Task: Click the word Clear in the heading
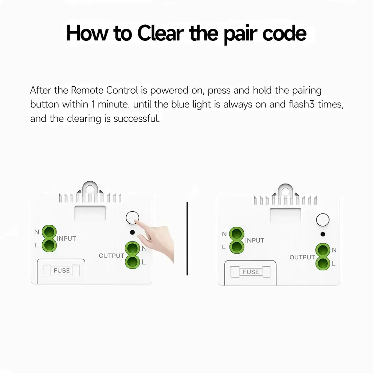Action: coord(161,33)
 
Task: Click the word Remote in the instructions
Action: coord(87,90)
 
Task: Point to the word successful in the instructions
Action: coord(136,118)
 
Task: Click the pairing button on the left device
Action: coord(132,218)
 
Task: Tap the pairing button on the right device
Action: coord(323,220)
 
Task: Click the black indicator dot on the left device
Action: coord(133,232)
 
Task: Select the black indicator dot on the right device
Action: coord(323,234)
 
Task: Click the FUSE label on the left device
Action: coord(62,271)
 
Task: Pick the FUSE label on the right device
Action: coord(251,272)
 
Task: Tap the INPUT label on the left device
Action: coord(66,239)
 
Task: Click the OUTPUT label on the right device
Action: coord(302,258)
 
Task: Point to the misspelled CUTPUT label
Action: coord(111,256)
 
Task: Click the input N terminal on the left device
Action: coord(49,232)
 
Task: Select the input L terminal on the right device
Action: coord(237,247)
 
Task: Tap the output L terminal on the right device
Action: coord(323,263)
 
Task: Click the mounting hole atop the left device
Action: coord(90,189)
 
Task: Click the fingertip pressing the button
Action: coord(136,221)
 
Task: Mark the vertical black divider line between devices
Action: coord(187,239)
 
